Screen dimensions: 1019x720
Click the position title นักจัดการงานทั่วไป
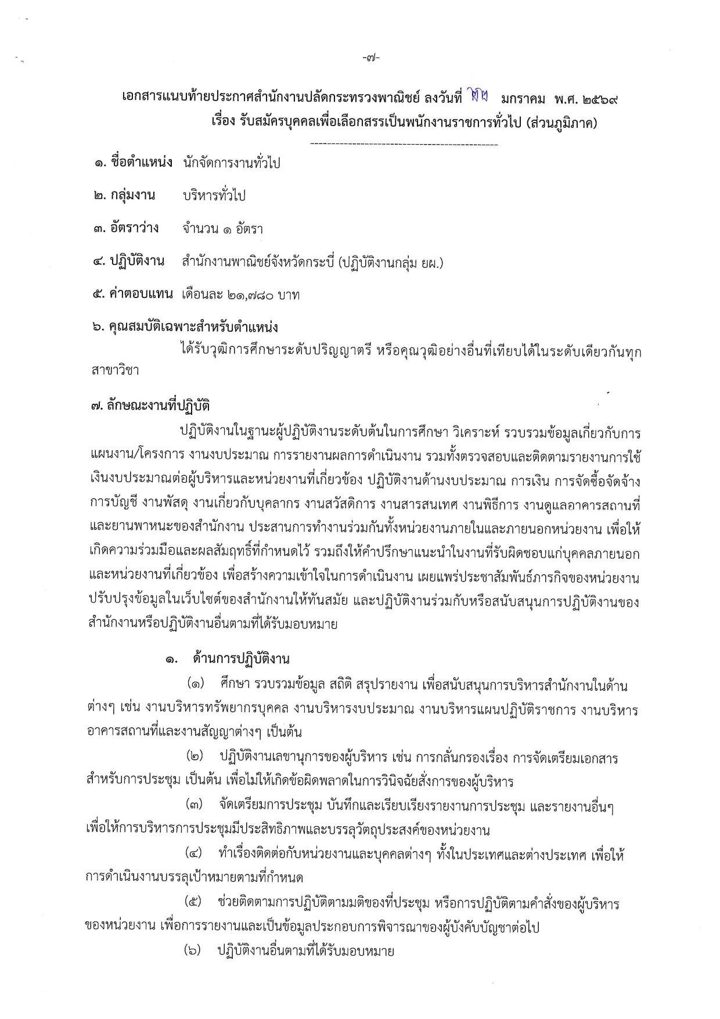click(x=231, y=163)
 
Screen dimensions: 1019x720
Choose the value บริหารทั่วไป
click(x=214, y=196)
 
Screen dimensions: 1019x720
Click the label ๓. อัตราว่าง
click(x=125, y=228)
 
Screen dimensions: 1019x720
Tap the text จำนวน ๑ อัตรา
click(x=222, y=229)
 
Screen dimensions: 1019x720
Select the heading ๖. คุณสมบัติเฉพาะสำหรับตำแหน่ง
click(x=185, y=327)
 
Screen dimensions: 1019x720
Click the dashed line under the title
click(x=404, y=143)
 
